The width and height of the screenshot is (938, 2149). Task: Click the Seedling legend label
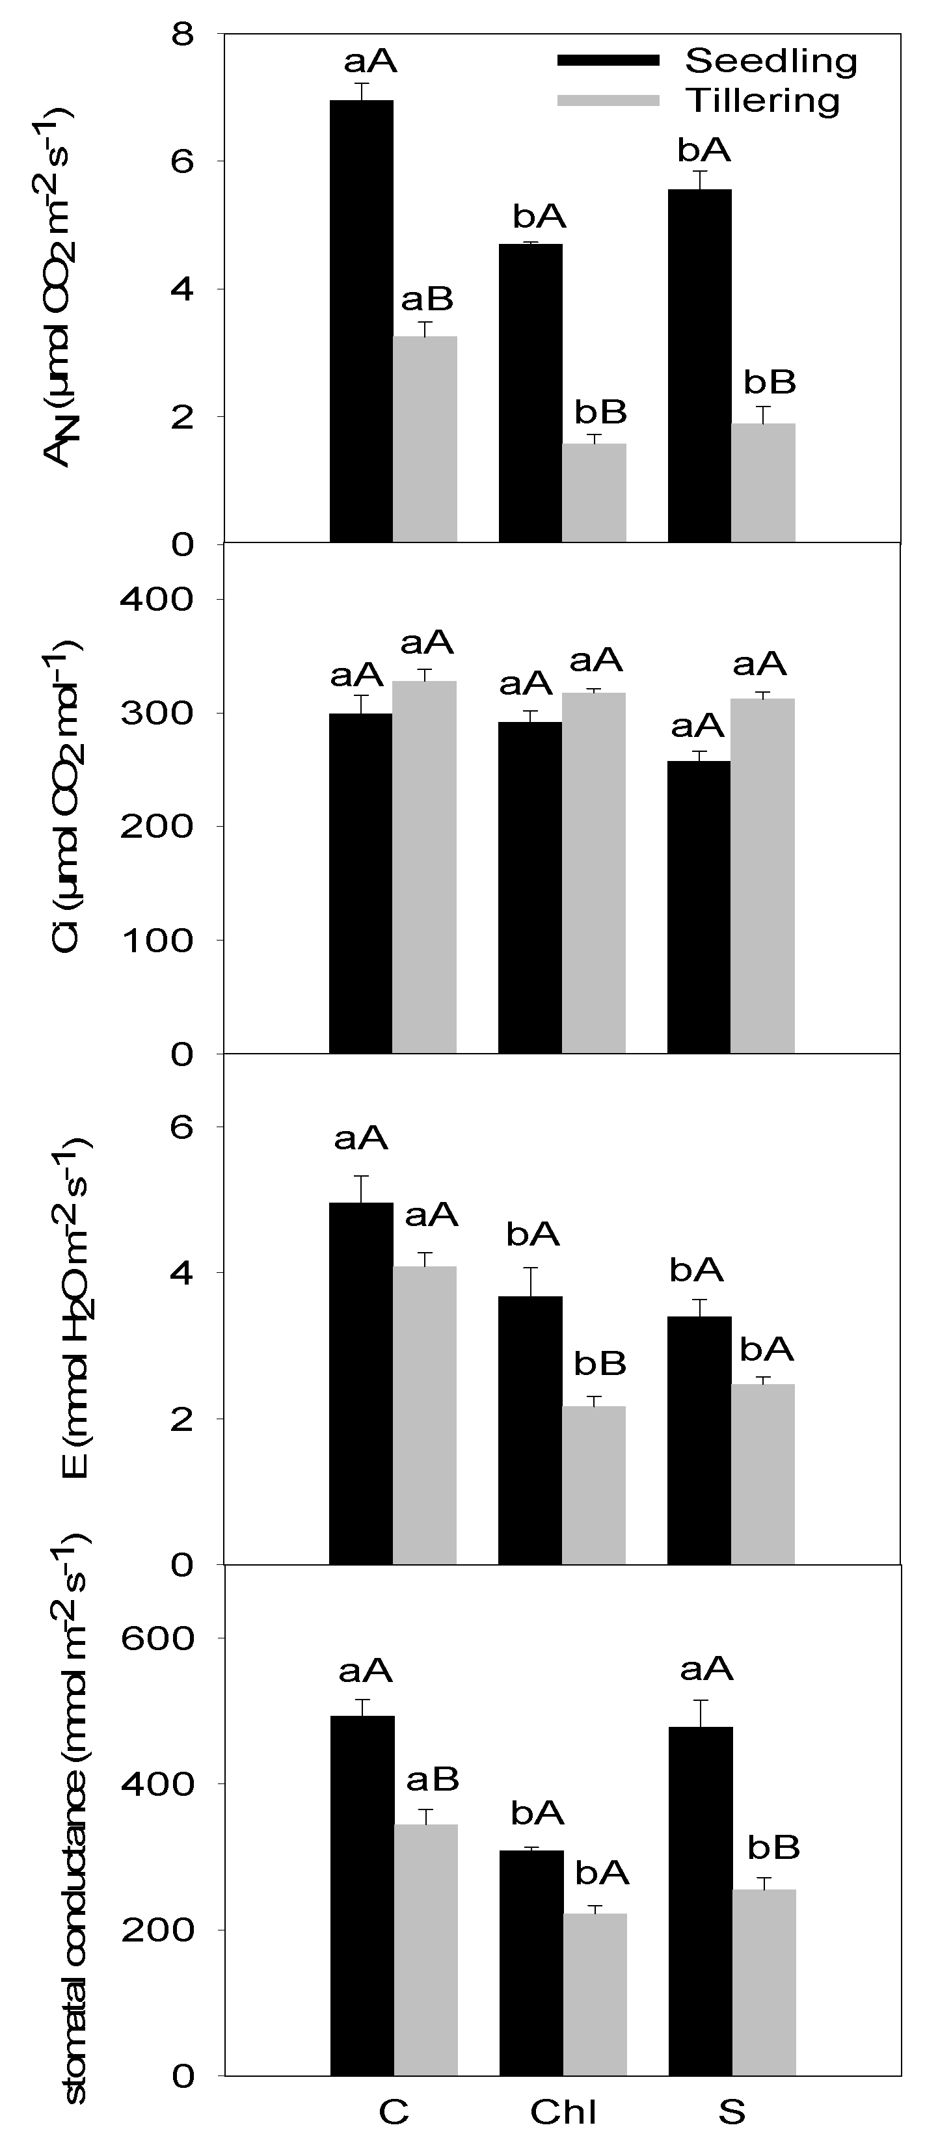click(x=770, y=61)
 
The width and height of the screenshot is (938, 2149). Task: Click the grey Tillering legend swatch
click(x=608, y=101)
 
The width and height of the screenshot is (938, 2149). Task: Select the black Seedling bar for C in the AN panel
click(x=362, y=321)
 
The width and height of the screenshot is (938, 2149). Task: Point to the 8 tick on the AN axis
click(x=183, y=34)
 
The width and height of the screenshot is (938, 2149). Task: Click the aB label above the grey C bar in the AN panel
click(x=427, y=299)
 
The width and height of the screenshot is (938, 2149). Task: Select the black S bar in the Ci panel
click(x=699, y=907)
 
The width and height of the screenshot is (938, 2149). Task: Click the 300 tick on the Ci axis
click(x=157, y=714)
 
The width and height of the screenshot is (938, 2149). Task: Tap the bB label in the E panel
click(x=599, y=1364)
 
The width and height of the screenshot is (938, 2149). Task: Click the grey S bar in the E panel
click(x=763, y=1473)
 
